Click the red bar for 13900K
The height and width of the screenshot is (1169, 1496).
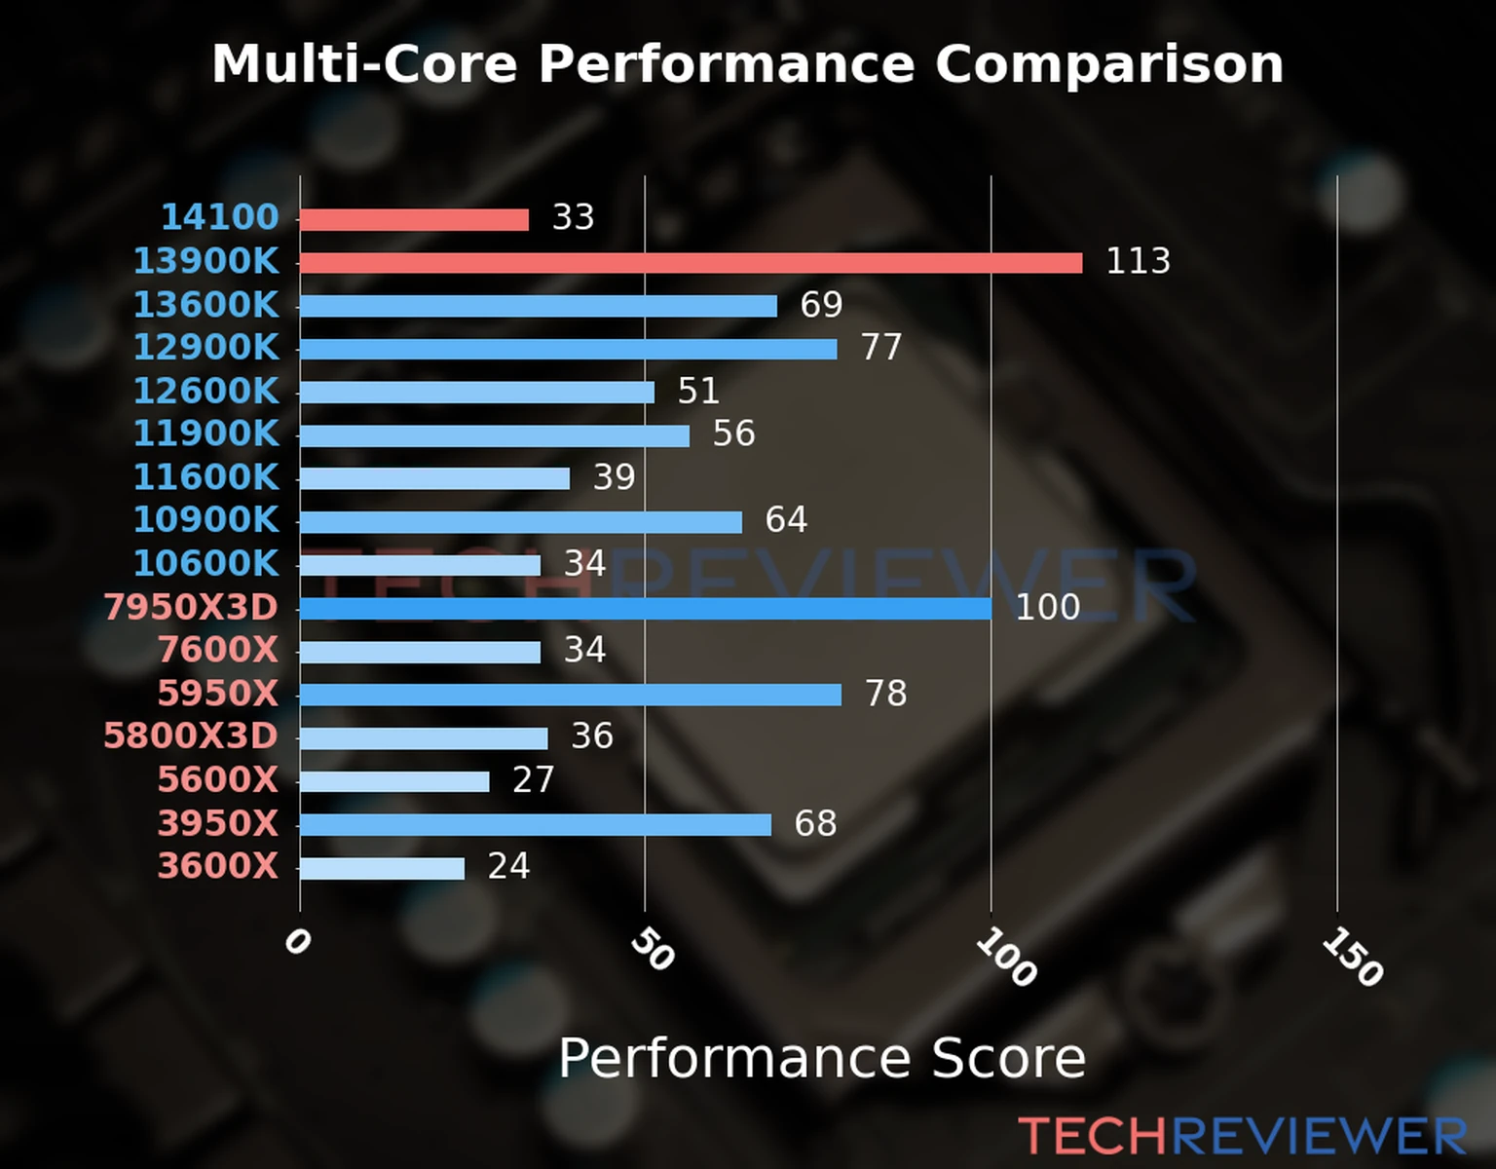691,263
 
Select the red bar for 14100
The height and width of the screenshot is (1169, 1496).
414,220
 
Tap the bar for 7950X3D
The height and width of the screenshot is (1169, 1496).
645,609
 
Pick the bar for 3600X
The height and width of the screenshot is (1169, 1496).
382,868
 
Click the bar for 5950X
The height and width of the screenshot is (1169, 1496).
571,695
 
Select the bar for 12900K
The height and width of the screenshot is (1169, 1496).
568,349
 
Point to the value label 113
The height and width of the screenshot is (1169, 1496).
1138,261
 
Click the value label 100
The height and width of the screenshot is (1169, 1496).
1047,607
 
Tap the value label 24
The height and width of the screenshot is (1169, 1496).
508,866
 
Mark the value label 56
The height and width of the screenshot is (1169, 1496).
733,434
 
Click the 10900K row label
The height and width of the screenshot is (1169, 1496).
206,519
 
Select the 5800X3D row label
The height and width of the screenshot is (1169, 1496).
191,735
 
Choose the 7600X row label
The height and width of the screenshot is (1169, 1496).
218,649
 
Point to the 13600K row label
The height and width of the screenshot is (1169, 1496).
206,305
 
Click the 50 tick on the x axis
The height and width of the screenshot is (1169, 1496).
652,949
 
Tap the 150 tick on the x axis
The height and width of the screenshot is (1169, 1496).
1352,957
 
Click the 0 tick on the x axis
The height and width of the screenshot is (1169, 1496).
297,941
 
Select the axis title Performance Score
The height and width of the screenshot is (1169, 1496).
821,1058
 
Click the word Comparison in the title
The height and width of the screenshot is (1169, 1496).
1108,64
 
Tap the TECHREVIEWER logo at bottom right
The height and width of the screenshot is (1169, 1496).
1242,1136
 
